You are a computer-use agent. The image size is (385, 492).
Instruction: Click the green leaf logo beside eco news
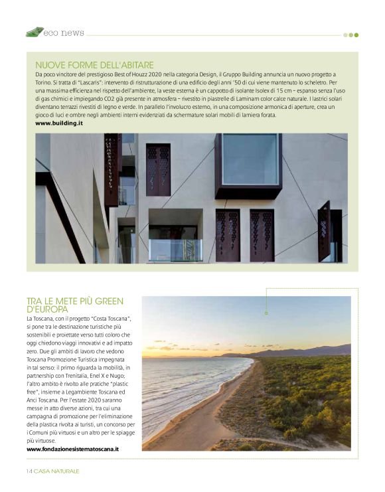35,31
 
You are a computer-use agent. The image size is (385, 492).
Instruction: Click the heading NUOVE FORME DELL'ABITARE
94,65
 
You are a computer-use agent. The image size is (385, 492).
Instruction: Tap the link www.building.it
58,123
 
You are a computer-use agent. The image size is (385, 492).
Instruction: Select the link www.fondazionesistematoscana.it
72,449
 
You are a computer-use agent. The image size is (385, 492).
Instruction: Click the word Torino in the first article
45,82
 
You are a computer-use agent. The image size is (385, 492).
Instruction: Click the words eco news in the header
64,32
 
